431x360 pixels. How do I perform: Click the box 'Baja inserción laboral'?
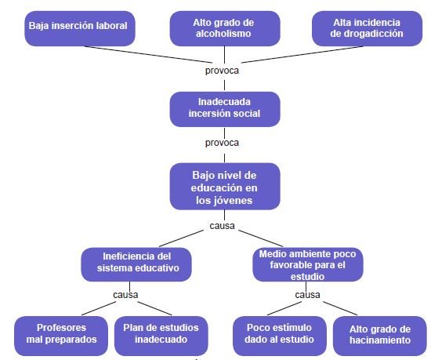click(80, 28)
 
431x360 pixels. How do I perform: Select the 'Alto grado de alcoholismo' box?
click(225, 28)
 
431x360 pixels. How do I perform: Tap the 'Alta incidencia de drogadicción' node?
click(367, 28)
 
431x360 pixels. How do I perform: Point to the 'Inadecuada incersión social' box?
click(225, 109)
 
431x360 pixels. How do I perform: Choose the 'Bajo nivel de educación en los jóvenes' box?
click(225, 186)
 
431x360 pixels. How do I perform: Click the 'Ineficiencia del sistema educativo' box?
click(136, 264)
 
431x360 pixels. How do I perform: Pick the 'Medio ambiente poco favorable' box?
click(308, 264)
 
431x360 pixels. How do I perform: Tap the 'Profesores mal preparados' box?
click(61, 336)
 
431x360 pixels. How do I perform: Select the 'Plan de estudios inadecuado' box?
click(161, 336)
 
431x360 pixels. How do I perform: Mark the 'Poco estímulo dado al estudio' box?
click(280, 336)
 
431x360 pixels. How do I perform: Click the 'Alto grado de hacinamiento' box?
click(380, 336)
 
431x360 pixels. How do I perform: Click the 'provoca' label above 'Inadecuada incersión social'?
click(222, 71)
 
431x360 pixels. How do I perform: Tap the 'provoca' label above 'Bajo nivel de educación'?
click(222, 143)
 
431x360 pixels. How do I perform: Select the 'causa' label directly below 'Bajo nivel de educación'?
click(222, 226)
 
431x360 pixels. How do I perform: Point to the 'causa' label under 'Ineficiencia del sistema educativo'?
click(125, 295)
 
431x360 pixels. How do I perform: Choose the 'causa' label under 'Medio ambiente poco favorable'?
click(307, 295)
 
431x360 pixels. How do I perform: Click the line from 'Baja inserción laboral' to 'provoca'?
click(148, 54)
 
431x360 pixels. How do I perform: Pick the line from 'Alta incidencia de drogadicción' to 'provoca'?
click(302, 54)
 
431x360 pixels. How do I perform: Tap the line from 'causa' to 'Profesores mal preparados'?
click(99, 308)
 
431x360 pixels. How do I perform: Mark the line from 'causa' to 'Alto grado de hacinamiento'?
click(340, 308)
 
